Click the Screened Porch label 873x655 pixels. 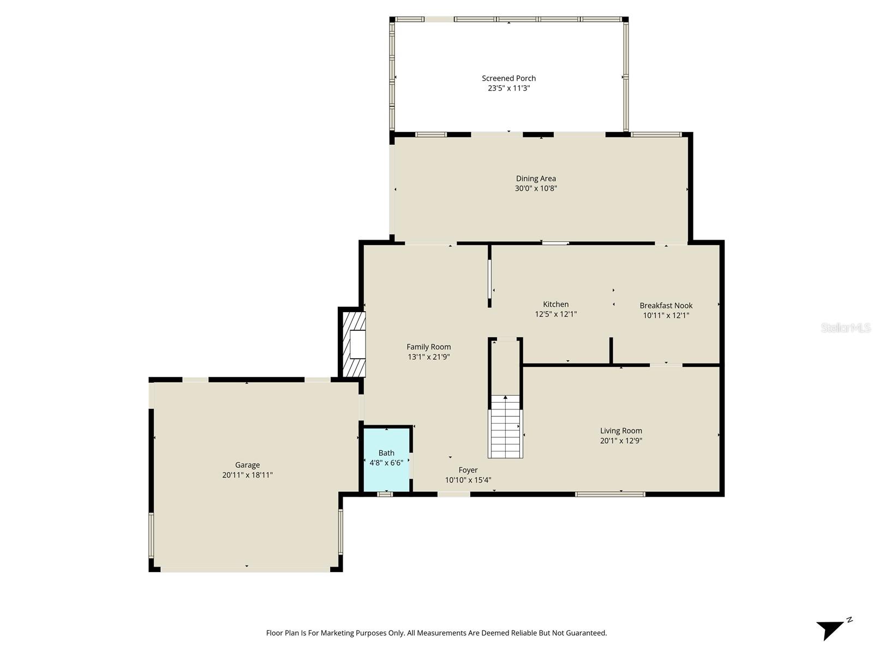point(509,78)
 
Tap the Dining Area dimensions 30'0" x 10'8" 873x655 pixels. point(536,188)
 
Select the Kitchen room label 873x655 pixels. point(555,304)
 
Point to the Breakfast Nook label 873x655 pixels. point(666,305)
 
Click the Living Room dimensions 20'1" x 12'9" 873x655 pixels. point(621,440)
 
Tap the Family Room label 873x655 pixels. point(428,347)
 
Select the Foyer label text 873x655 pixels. point(468,470)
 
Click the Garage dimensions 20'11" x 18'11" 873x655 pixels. point(247,475)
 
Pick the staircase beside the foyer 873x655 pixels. point(505,426)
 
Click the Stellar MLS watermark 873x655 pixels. point(845,327)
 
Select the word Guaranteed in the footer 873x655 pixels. point(586,633)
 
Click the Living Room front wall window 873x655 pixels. point(610,494)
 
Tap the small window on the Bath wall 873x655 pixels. point(385,494)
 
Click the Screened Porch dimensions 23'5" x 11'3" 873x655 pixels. point(509,88)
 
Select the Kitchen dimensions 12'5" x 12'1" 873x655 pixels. point(555,314)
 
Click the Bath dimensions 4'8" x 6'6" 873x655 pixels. point(386,463)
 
